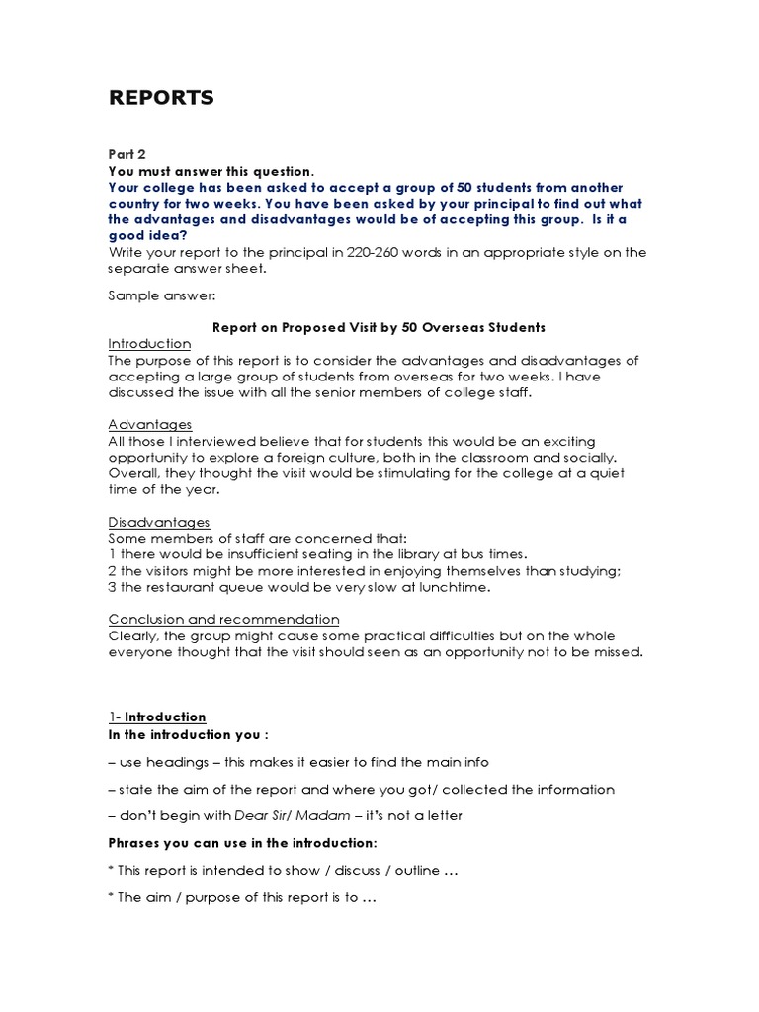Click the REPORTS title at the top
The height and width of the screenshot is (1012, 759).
tap(160, 97)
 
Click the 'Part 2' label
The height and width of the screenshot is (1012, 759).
tap(126, 154)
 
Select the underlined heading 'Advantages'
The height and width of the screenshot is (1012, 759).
tap(149, 424)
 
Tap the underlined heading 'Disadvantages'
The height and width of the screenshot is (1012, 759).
tap(158, 522)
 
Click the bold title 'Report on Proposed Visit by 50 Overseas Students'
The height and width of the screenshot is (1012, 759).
tap(379, 327)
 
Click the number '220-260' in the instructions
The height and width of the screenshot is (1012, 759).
tap(371, 252)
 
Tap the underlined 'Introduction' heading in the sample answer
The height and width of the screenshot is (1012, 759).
tap(149, 343)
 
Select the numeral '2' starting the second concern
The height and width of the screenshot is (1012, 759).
tap(112, 571)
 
